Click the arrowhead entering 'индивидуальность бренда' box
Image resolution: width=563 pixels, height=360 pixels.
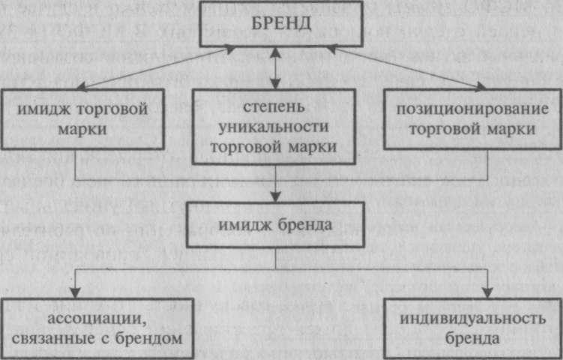tap(488, 293)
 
